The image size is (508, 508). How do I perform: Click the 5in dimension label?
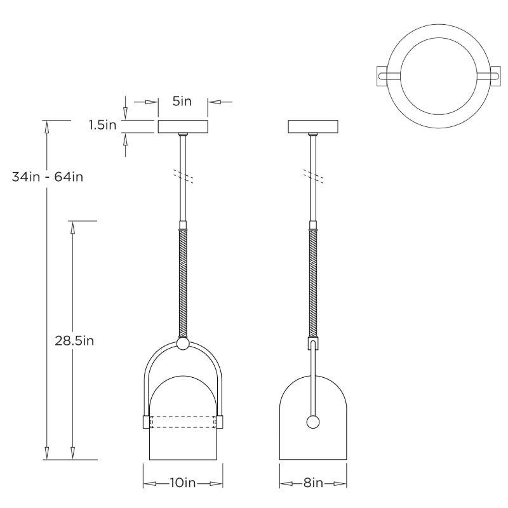(x=182, y=101)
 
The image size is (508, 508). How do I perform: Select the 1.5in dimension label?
(x=102, y=125)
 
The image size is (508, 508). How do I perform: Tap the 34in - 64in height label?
(x=48, y=176)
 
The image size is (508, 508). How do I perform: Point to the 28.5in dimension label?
(x=74, y=340)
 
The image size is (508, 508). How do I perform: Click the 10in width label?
(x=182, y=483)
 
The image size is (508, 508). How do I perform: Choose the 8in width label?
(x=313, y=483)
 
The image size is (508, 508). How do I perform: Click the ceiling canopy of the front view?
(x=183, y=126)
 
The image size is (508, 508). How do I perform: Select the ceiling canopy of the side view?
(x=313, y=126)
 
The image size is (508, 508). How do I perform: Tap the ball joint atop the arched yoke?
(x=183, y=344)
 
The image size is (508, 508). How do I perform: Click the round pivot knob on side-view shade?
(x=313, y=422)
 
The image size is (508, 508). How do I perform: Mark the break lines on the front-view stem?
(x=183, y=175)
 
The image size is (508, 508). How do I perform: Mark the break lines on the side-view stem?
(x=313, y=175)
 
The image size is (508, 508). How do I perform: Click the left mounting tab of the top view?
(x=384, y=76)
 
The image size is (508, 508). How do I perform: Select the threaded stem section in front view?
(x=183, y=283)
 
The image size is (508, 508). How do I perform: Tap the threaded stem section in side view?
(x=313, y=283)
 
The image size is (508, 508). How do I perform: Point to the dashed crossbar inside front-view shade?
(x=183, y=422)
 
